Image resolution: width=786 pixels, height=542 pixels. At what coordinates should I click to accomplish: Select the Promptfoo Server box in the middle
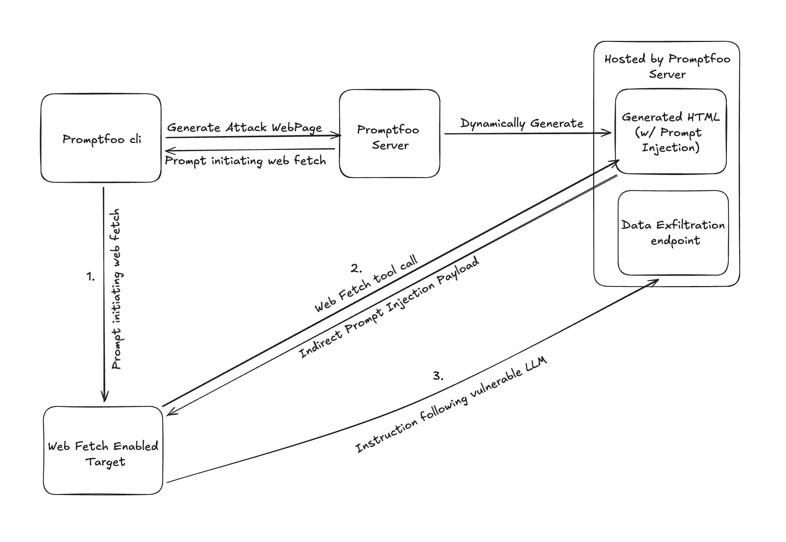(389, 134)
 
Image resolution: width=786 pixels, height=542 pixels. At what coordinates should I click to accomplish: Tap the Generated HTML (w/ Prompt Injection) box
(671, 132)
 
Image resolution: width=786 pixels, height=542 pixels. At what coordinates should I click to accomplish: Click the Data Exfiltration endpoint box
(673, 232)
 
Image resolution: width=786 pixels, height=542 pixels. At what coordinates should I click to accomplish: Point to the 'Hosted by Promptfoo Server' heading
(667, 66)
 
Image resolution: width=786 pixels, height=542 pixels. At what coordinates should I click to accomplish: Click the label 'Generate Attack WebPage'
(244, 128)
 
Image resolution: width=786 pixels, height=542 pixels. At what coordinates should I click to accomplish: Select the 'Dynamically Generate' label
(522, 123)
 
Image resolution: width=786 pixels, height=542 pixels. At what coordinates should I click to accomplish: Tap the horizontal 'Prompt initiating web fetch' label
(246, 160)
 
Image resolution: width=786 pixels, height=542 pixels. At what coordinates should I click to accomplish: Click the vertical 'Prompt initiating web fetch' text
(116, 289)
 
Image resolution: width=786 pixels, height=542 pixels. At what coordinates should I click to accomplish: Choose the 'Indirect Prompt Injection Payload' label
(389, 307)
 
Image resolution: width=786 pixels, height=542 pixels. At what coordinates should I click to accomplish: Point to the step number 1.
(90, 276)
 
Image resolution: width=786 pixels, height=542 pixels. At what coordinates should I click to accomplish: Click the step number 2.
(356, 268)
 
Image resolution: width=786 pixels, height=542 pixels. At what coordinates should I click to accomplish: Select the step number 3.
(438, 376)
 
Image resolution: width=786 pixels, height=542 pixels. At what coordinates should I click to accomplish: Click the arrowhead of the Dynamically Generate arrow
(608, 133)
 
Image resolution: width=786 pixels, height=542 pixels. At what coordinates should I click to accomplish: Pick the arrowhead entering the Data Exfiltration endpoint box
(655, 281)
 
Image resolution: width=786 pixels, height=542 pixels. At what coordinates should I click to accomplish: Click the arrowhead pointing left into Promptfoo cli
(168, 151)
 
